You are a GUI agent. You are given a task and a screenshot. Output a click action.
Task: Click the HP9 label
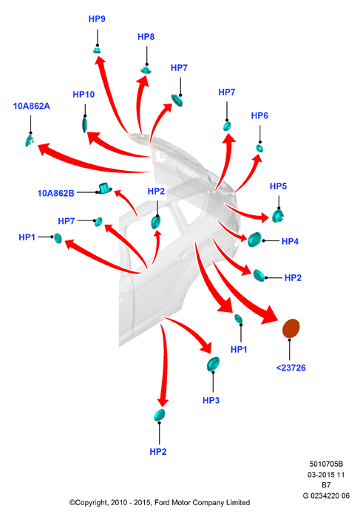[97, 18]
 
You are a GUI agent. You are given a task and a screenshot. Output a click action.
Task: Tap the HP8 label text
[146, 37]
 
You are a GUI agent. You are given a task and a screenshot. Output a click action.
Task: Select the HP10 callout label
[84, 95]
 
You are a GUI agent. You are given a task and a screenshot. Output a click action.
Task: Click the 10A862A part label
[32, 107]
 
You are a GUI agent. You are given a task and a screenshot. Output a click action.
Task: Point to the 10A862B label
[55, 193]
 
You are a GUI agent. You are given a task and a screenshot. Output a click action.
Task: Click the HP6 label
[259, 115]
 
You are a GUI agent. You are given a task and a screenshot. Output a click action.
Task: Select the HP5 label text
[278, 186]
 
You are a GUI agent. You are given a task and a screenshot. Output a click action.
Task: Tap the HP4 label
[290, 241]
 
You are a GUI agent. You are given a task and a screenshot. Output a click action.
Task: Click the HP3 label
[211, 400]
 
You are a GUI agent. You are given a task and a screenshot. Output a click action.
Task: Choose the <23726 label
[291, 368]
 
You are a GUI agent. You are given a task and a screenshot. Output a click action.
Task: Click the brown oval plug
[291, 328]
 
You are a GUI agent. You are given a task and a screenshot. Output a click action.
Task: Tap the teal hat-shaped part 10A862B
[105, 189]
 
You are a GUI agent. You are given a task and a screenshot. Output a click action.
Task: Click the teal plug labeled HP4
[254, 240]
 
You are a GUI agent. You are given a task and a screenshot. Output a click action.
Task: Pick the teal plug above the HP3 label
[213, 364]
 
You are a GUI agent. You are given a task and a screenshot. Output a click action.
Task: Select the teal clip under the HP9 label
[98, 50]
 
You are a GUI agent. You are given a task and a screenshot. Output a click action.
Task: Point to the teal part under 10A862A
[30, 141]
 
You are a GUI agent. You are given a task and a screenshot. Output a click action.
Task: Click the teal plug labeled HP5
[278, 216]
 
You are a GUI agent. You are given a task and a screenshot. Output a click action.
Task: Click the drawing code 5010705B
[326, 464]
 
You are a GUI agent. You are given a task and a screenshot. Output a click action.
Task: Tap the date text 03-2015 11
[326, 475]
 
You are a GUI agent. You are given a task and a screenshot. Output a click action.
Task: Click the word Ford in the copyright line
[162, 502]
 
